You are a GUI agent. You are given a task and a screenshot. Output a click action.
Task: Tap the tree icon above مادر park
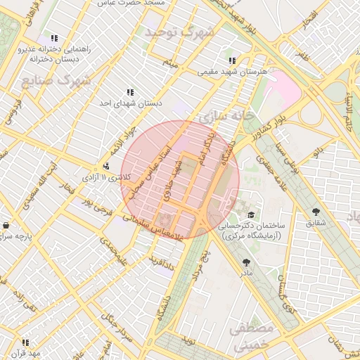pos(245,261)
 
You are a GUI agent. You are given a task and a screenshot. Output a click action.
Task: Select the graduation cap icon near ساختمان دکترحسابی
pos(251,214)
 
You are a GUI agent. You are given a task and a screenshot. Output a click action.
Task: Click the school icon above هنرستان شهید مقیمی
pos(233,60)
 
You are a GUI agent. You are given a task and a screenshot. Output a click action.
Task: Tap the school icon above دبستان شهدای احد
pos(130,92)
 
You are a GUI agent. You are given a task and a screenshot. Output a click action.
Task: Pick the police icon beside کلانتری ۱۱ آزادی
pos(105,166)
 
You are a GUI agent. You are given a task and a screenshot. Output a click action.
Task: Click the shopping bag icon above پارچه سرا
pos(6,226)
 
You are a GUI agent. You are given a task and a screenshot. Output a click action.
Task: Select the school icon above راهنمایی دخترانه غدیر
pos(53,38)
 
